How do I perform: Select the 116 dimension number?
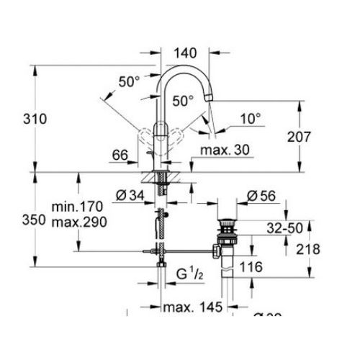pyautogui.click(x=251, y=266)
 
